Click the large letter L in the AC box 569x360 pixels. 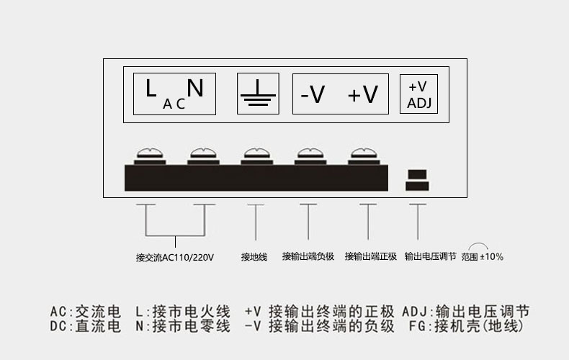pyautogui.click(x=151, y=88)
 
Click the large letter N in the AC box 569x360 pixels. pyautogui.click(x=195, y=88)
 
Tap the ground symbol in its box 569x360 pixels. pyautogui.click(x=258, y=93)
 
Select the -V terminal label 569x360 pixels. pyautogui.click(x=313, y=95)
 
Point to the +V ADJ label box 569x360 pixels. pyautogui.click(x=418, y=94)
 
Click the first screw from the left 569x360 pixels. pyautogui.click(x=150, y=156)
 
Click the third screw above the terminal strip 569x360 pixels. pyautogui.click(x=257, y=156)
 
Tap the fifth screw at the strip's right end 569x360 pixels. pyautogui.click(x=364, y=156)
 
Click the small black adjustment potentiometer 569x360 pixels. pyautogui.click(x=417, y=180)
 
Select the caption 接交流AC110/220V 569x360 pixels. pyautogui.click(x=175, y=257)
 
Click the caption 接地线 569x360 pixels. pyautogui.click(x=254, y=257)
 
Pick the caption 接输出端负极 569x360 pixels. pyautogui.click(x=308, y=256)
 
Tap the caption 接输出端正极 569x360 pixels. pyautogui.click(x=370, y=256)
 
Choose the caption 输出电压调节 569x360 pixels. pyautogui.click(x=431, y=256)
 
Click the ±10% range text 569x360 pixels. pyautogui.click(x=491, y=257)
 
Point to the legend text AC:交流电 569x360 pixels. pyautogui.click(x=85, y=312)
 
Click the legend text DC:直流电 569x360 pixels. pyautogui.click(x=85, y=326)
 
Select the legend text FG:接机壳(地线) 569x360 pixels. pyautogui.click(x=467, y=326)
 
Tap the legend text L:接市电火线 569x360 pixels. pyautogui.click(x=183, y=312)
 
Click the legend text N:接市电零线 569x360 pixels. pyautogui.click(x=183, y=326)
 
